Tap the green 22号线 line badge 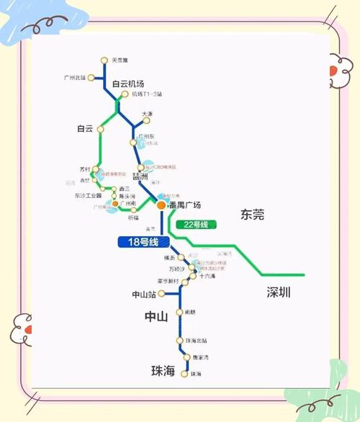coord(196,225)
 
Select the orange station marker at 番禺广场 coord(161,205)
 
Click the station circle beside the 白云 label coord(101,130)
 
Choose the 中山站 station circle coord(163,294)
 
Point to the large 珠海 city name coord(163,372)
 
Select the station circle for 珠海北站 coord(180,340)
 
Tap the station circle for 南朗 coord(180,313)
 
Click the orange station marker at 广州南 coord(115,204)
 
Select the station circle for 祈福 coord(133,210)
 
